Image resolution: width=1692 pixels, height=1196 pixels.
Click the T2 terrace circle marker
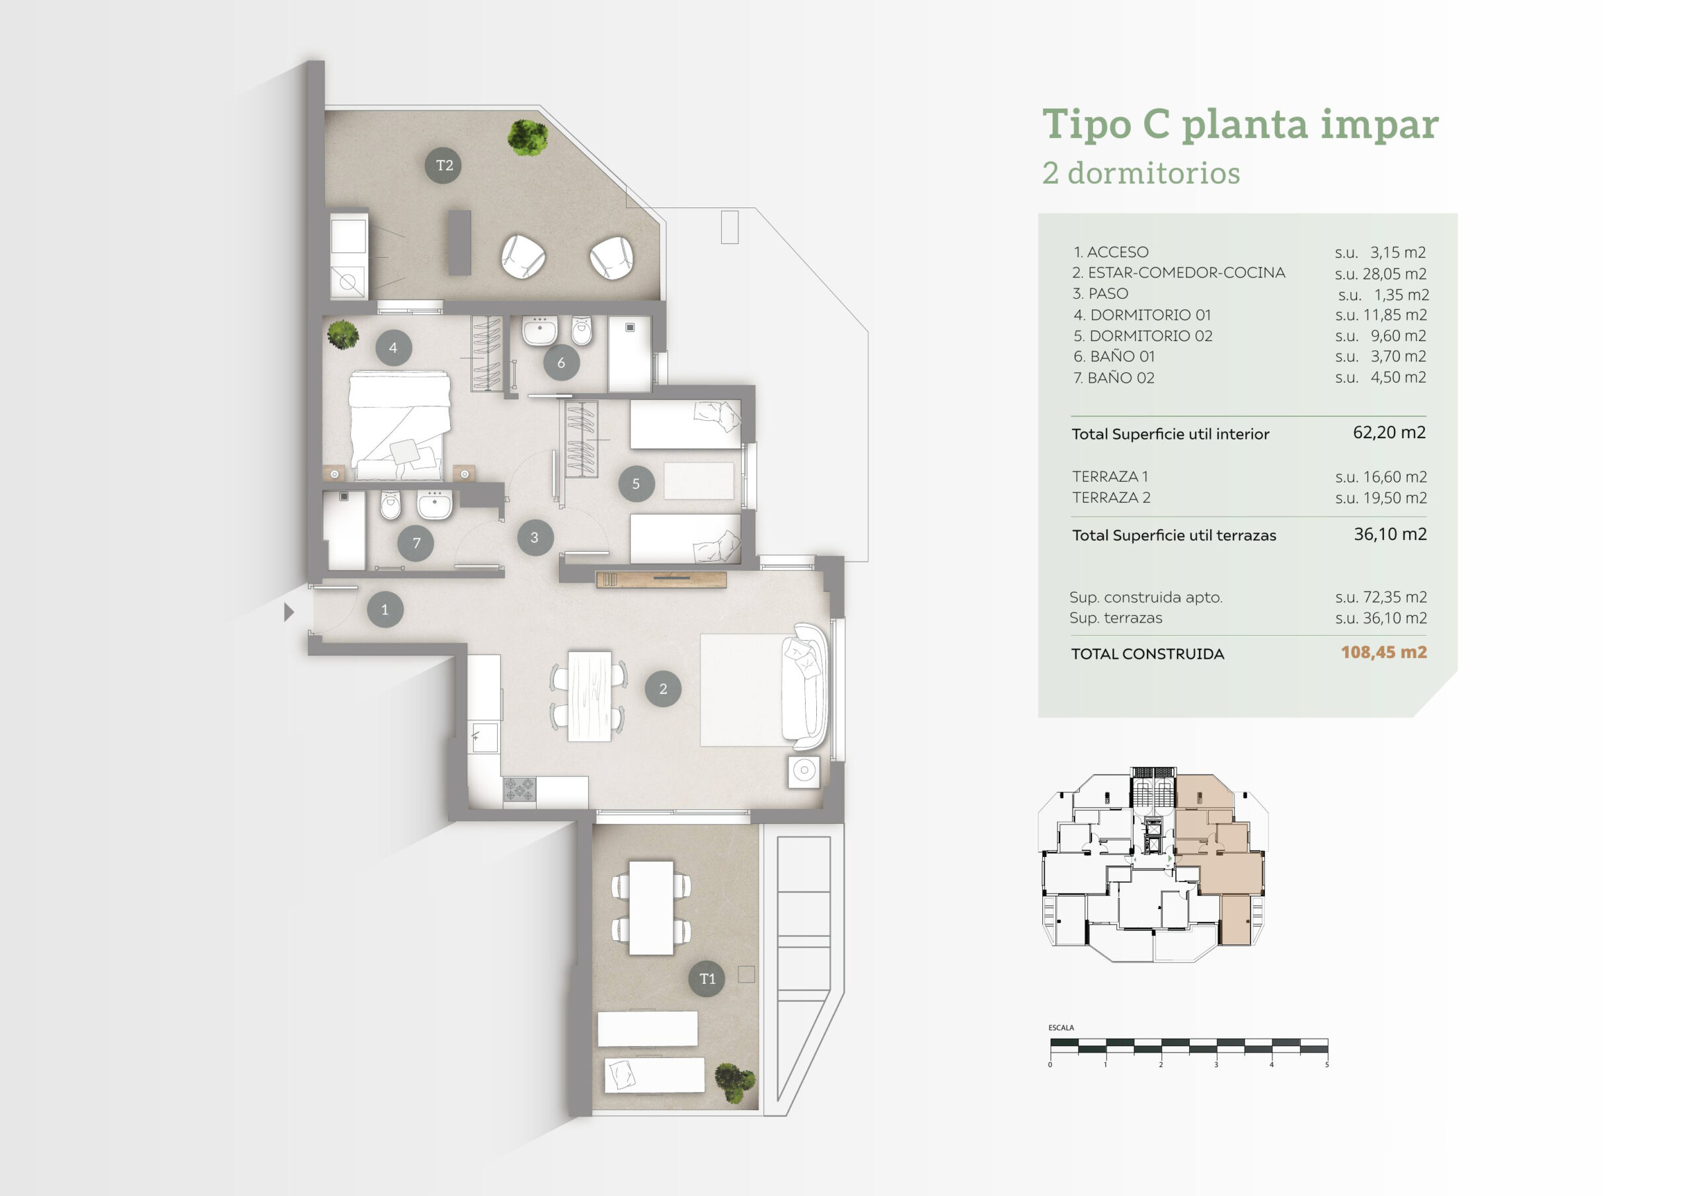click(x=443, y=165)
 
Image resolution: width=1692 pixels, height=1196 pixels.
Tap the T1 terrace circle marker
click(x=707, y=979)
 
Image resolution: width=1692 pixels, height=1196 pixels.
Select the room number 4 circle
click(x=393, y=348)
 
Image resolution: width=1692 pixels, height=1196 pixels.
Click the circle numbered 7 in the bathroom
click(x=416, y=543)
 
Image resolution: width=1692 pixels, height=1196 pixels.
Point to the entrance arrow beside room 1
click(x=289, y=612)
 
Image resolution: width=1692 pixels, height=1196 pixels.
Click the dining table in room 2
click(x=590, y=696)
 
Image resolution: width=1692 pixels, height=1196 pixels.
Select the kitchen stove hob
click(x=519, y=789)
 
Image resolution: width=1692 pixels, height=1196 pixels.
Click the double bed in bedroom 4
click(x=399, y=426)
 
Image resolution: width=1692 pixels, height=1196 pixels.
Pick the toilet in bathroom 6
click(x=582, y=331)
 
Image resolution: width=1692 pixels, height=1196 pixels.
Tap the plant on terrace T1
click(x=735, y=1082)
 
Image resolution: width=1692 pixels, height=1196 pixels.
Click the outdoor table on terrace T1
click(x=652, y=908)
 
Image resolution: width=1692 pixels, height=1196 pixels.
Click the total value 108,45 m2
click(x=1384, y=652)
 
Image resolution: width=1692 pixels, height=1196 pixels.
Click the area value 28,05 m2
click(x=1395, y=274)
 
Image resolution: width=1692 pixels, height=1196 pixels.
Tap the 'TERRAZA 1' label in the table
click(x=1110, y=477)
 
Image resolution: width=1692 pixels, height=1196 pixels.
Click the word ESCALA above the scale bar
click(x=1061, y=1028)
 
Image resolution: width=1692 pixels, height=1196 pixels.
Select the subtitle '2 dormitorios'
click(x=1141, y=173)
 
